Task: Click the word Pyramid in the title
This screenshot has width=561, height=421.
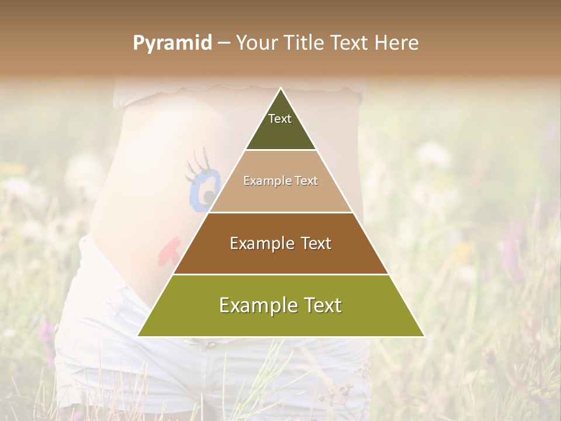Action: point(172,43)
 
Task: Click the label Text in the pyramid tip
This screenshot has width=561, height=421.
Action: point(280,119)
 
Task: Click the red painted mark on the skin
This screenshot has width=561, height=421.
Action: point(169,250)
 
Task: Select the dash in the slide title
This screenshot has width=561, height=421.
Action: point(224,43)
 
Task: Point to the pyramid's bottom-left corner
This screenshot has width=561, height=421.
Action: point(138,336)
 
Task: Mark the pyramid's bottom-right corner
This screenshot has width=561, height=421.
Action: point(424,336)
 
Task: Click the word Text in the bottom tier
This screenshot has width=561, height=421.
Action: point(319,306)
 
